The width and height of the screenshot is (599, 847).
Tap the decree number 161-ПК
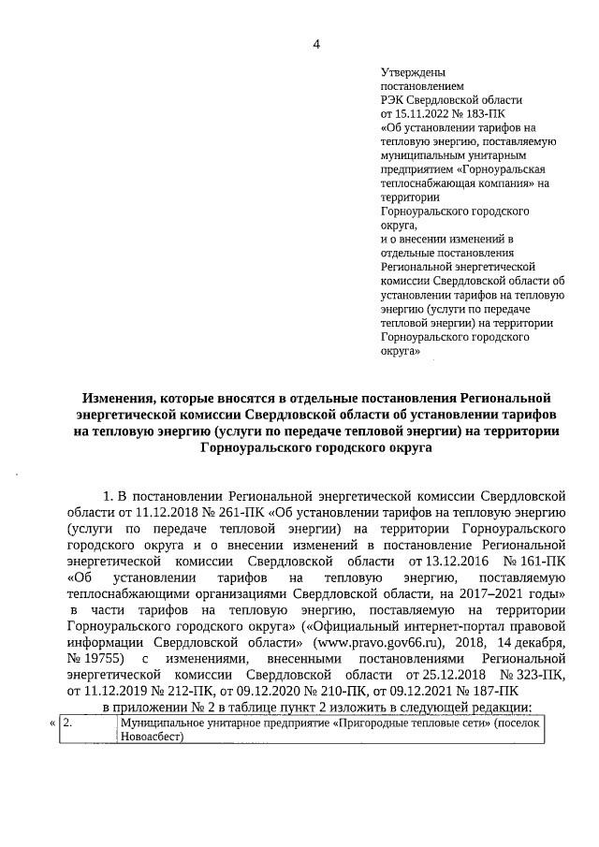(541, 560)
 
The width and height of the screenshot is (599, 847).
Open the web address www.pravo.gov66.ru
(393, 644)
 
